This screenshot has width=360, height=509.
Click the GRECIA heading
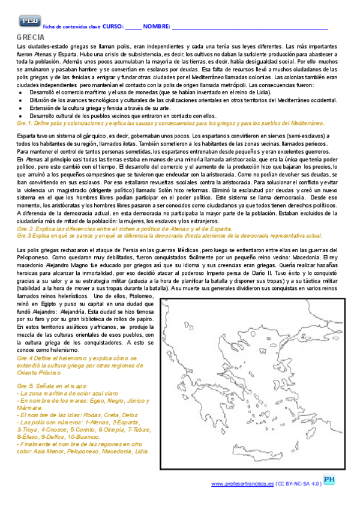[31, 38]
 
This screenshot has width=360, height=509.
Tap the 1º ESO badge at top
[29, 22]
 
